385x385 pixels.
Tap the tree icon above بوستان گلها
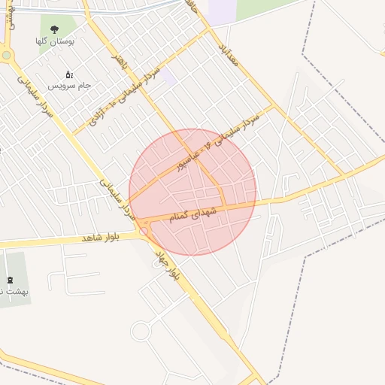[x=53, y=28]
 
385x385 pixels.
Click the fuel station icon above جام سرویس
[x=69, y=74]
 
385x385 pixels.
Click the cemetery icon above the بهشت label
[x=9, y=280]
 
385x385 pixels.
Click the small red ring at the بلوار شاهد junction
[x=144, y=232]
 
